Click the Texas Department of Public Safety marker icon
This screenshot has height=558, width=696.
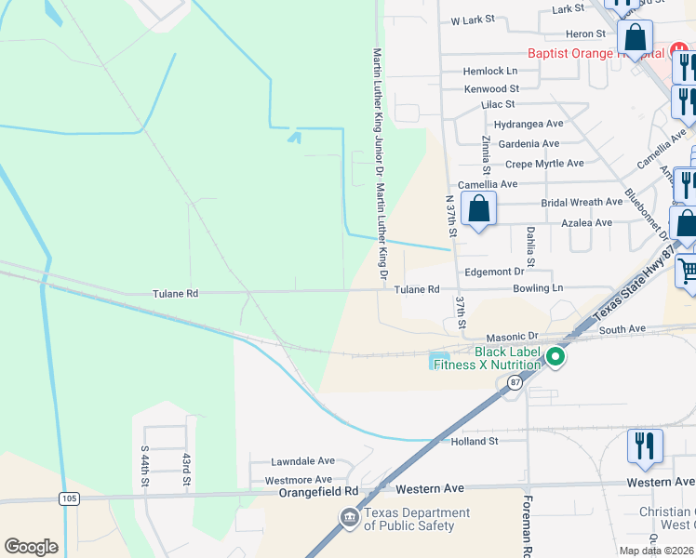pyautogui.click(x=349, y=517)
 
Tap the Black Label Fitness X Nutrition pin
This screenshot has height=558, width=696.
pyautogui.click(x=555, y=357)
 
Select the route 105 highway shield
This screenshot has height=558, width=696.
pyautogui.click(x=70, y=498)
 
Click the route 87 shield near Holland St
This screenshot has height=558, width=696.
pyautogui.click(x=515, y=382)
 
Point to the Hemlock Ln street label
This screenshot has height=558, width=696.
pyautogui.click(x=491, y=71)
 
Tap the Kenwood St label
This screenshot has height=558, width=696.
pyautogui.click(x=491, y=88)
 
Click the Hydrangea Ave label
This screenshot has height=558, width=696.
pyautogui.click(x=529, y=124)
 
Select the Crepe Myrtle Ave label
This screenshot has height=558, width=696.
pyautogui.click(x=544, y=163)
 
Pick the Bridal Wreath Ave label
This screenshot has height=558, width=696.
pyautogui.click(x=582, y=202)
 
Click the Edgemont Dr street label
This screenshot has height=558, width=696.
pyautogui.click(x=494, y=272)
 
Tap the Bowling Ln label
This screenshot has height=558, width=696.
pyautogui.click(x=538, y=289)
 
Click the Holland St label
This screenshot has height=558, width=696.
pyautogui.click(x=475, y=441)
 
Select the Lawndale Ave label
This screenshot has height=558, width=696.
pyautogui.click(x=302, y=460)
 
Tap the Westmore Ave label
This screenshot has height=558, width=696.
pyautogui.click(x=299, y=480)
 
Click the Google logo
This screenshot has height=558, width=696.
pyautogui.click(x=32, y=547)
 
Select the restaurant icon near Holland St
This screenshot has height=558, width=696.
pyautogui.click(x=643, y=445)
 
